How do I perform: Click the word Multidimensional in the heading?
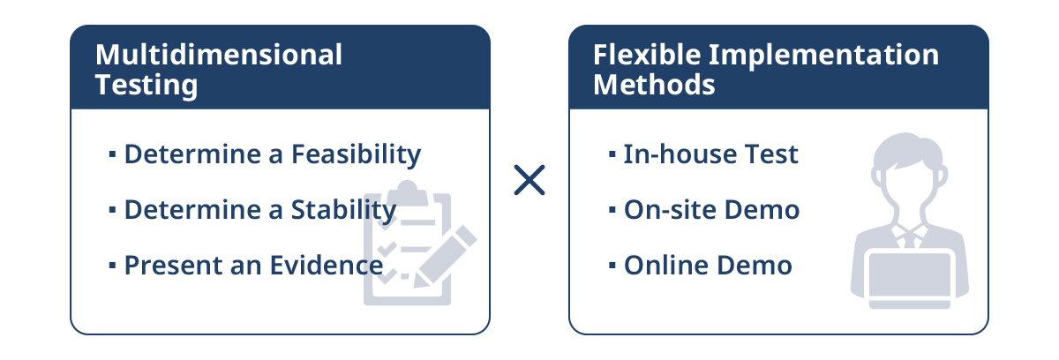219,55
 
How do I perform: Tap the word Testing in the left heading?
146,86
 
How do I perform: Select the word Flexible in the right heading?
647,55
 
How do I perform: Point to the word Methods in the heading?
654,85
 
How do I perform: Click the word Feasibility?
356,154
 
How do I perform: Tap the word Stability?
343,210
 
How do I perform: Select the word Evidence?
327,265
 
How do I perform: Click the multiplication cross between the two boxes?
529,180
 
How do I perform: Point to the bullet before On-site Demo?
612,209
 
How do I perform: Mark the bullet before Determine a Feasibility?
112,154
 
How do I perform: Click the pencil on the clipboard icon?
445,257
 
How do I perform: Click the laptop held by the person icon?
910,281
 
